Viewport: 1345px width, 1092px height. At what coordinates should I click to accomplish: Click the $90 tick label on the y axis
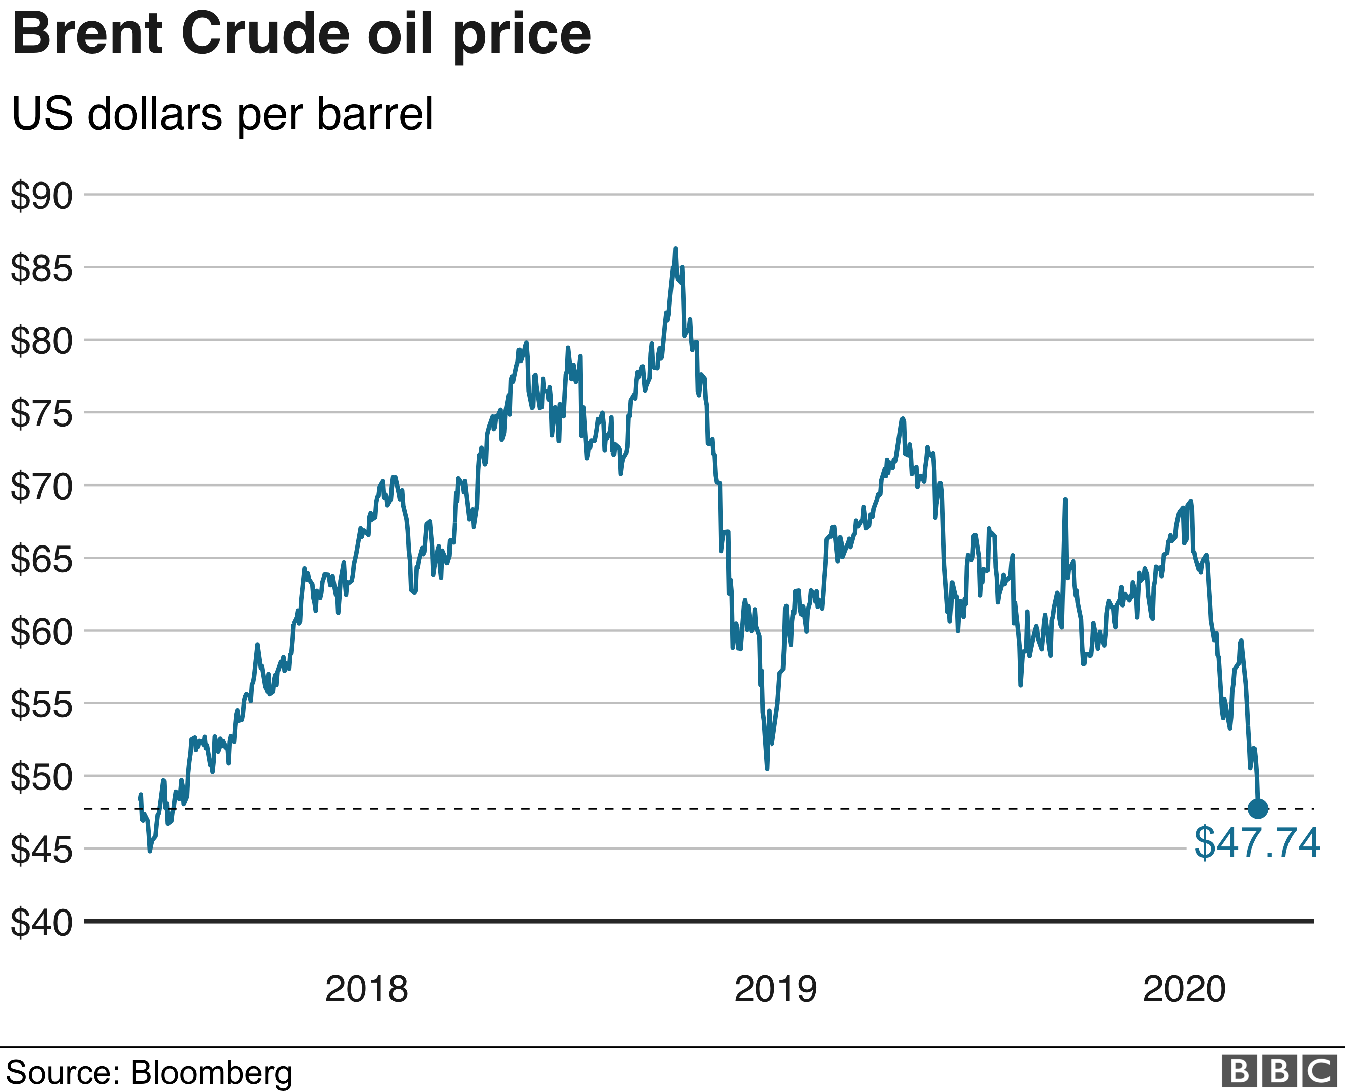click(x=41, y=196)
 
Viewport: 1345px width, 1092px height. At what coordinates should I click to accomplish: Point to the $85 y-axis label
click(x=41, y=268)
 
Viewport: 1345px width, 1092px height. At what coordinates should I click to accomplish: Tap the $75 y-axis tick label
click(x=41, y=413)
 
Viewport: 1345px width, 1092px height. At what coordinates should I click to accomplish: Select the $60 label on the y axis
click(x=41, y=632)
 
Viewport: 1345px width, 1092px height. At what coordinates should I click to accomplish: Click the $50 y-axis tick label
click(x=41, y=777)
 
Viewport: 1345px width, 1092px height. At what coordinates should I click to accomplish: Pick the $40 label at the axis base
click(x=41, y=922)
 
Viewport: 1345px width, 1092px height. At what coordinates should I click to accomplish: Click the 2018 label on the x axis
click(x=366, y=988)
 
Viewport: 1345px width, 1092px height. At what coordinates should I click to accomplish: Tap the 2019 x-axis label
click(x=775, y=988)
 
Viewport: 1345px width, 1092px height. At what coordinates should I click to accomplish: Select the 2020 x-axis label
click(x=1184, y=988)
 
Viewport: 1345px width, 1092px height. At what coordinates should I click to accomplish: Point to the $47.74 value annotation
click(x=1256, y=843)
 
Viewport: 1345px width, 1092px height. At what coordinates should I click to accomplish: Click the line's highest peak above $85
click(x=676, y=249)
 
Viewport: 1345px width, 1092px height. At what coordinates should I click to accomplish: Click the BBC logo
click(x=1279, y=1071)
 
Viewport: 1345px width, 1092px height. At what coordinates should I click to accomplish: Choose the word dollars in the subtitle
click(x=155, y=114)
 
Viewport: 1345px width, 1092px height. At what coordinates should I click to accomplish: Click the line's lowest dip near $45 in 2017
click(x=150, y=851)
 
